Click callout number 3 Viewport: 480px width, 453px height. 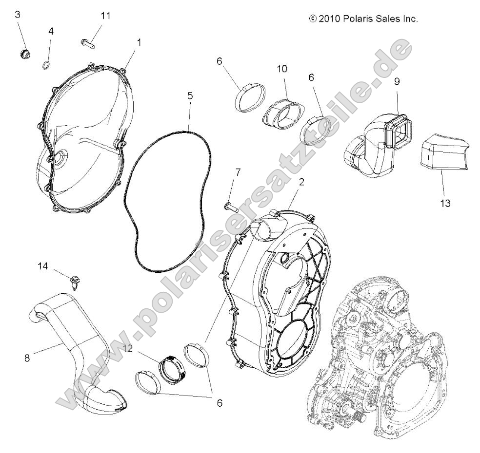(x=18, y=14)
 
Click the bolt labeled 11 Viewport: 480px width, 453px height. (x=87, y=43)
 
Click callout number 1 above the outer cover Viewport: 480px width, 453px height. (x=139, y=42)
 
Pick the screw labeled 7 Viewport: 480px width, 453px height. (x=230, y=207)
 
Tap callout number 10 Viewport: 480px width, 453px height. (x=281, y=69)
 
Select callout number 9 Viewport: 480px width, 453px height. (x=397, y=82)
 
